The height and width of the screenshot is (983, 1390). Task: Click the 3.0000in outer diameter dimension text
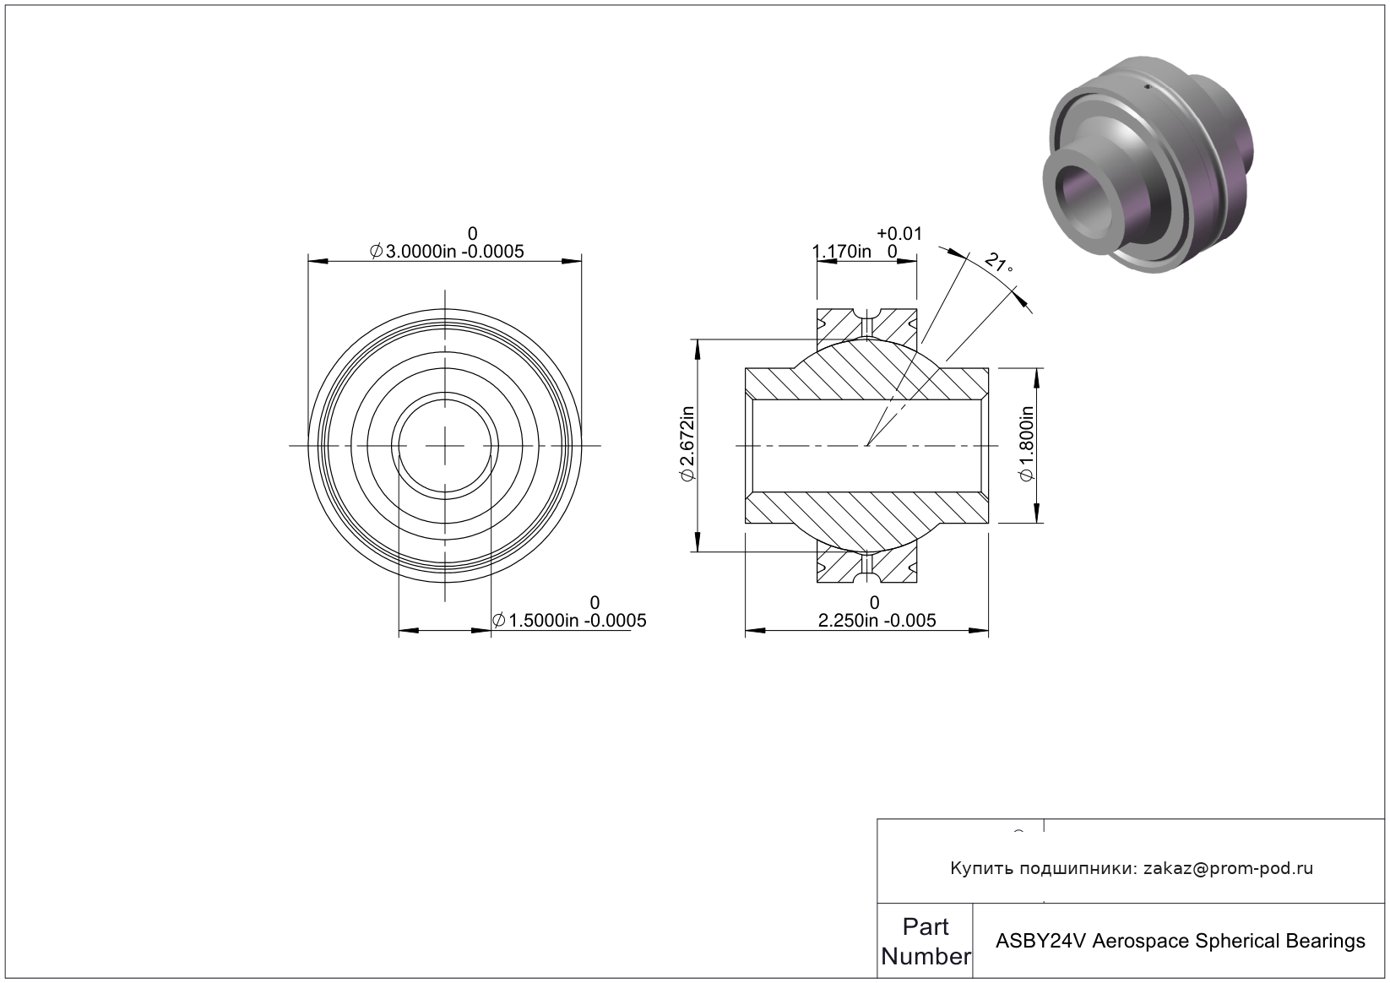click(x=447, y=252)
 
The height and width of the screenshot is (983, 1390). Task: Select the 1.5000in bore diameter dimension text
click(x=569, y=621)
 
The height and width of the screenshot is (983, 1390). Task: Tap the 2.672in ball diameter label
click(x=687, y=443)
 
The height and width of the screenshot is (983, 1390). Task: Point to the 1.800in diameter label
click(x=1027, y=443)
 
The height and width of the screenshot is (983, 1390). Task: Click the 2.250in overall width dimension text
click(x=877, y=621)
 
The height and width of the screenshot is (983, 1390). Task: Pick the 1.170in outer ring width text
click(x=842, y=252)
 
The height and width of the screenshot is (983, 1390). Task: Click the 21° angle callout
click(x=999, y=263)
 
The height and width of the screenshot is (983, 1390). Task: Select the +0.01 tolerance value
click(x=899, y=234)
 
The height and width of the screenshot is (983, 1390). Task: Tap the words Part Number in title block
click(x=926, y=942)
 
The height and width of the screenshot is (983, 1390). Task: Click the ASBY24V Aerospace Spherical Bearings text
click(x=1181, y=942)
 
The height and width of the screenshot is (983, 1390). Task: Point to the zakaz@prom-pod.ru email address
click(x=1228, y=868)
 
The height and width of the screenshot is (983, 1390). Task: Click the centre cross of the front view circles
click(x=445, y=446)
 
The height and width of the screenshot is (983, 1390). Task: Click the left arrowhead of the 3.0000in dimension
click(x=318, y=261)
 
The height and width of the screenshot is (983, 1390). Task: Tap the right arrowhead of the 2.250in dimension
click(x=979, y=631)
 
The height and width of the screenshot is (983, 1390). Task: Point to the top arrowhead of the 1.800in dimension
click(x=1036, y=378)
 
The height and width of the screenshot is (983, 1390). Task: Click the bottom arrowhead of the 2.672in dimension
click(x=698, y=541)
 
